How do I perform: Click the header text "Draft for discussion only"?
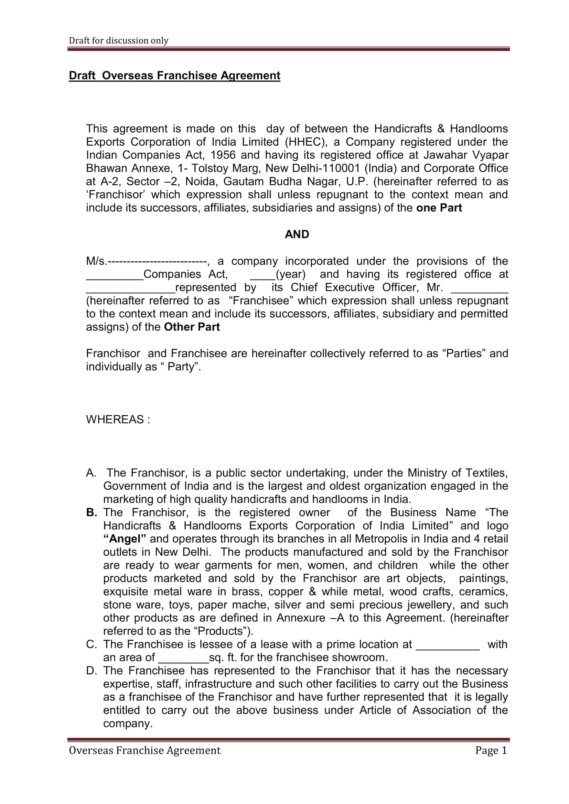coord(118,41)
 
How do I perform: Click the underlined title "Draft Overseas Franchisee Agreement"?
coord(174,76)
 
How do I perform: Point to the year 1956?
coord(223,155)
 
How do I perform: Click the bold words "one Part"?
coord(439,208)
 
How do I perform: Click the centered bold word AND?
coord(297,234)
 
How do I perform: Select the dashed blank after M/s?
coord(157,261)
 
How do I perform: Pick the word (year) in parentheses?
coord(291,274)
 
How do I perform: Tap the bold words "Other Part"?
coord(192,327)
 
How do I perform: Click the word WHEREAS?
coord(115,420)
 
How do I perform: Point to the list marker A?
coord(91,473)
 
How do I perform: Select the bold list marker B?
coord(92,513)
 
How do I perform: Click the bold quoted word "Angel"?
coord(125,539)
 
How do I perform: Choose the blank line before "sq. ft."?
coord(184,658)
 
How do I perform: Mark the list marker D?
coord(91,671)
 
